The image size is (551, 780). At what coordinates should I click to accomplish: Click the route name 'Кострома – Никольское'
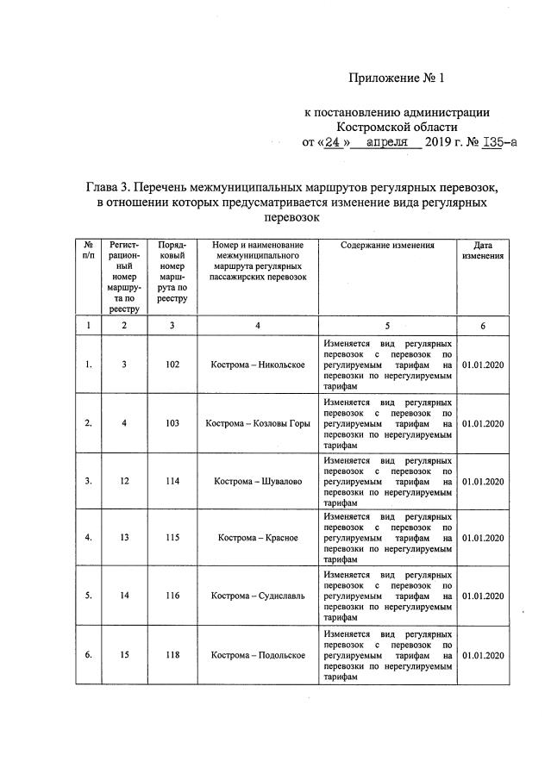click(258, 365)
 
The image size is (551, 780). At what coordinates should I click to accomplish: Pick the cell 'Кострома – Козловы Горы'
click(258, 423)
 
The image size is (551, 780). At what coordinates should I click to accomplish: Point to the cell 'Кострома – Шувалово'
click(258, 481)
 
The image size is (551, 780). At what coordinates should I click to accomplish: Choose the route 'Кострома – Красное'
click(258, 538)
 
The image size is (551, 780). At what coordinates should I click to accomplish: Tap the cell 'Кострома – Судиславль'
click(258, 596)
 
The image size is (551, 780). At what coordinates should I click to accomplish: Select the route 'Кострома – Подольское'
click(258, 654)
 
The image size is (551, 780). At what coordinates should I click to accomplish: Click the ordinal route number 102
click(172, 365)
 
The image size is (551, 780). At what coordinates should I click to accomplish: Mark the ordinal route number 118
click(172, 654)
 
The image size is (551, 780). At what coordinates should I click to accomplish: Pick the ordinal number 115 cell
click(172, 538)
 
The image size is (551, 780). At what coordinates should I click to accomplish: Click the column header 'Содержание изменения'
click(387, 246)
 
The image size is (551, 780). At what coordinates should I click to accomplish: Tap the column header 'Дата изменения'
click(483, 251)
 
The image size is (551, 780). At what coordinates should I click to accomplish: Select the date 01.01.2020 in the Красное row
click(483, 538)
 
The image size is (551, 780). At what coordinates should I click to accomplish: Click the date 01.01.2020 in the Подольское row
click(483, 654)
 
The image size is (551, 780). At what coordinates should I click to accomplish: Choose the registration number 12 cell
click(124, 481)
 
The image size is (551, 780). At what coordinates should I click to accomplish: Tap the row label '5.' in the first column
click(88, 596)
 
